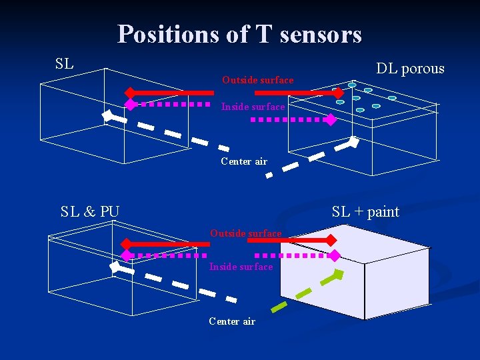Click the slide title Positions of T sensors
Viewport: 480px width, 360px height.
tap(239, 34)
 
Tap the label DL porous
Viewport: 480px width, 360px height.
tap(410, 68)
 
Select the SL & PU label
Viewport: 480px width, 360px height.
tap(90, 212)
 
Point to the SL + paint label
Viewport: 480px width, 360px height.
tap(365, 212)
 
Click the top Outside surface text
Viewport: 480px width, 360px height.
tap(257, 80)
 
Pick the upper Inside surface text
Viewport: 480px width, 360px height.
tap(253, 107)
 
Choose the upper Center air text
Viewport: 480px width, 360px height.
tap(244, 161)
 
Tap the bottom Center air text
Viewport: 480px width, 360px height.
tap(232, 321)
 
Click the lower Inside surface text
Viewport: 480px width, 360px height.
tap(241, 267)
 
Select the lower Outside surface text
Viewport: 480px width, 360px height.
tap(245, 233)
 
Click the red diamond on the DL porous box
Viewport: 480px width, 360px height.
tap(338, 92)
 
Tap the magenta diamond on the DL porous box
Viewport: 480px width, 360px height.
tap(329, 120)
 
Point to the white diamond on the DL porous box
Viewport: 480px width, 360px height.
tap(355, 141)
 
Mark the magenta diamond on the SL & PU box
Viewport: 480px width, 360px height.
tap(126, 255)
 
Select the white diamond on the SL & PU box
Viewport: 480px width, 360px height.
tap(114, 267)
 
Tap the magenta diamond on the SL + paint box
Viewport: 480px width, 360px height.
tap(335, 255)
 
